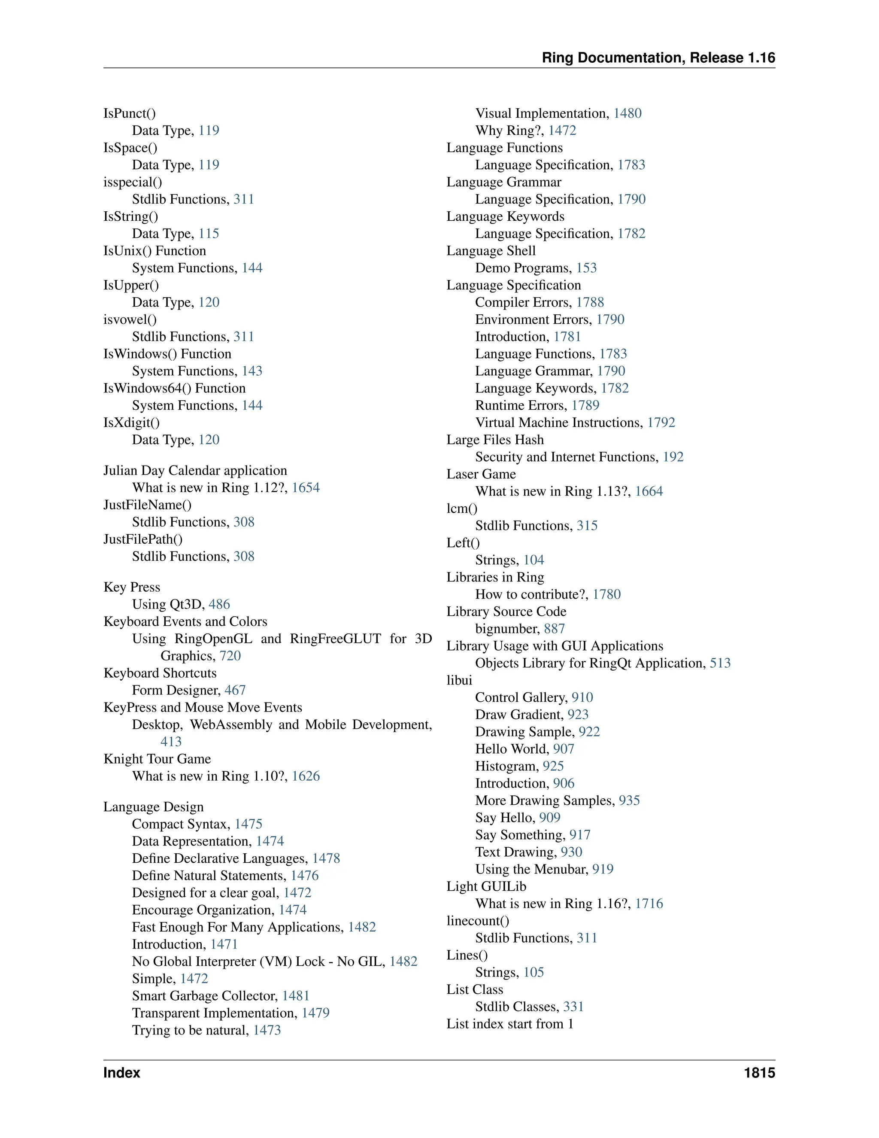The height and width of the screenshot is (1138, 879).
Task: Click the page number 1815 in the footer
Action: click(759, 1073)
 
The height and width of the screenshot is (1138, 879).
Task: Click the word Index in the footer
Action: click(122, 1073)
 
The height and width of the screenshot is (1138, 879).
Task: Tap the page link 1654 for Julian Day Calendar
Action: click(306, 488)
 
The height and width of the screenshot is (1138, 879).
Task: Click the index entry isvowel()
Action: click(130, 319)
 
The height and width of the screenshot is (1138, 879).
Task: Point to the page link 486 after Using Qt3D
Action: click(219, 605)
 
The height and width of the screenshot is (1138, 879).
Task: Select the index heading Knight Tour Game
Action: click(157, 759)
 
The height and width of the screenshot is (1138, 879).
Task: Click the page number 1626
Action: click(306, 776)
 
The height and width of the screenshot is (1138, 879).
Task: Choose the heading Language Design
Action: click(154, 807)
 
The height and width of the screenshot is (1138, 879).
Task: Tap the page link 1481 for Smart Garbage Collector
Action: click(296, 996)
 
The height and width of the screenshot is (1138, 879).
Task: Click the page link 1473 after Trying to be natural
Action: click(267, 1031)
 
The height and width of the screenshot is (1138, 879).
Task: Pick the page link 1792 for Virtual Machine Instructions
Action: click(661, 423)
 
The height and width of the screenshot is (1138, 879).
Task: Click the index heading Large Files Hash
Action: click(495, 440)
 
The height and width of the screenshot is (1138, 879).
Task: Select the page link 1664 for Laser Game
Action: click(649, 491)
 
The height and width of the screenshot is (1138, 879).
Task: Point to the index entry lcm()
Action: click(462, 508)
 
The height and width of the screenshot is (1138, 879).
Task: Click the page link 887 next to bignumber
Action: click(554, 629)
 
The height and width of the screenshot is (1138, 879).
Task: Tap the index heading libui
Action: click(459, 681)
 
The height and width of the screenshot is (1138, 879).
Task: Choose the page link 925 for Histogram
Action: click(553, 767)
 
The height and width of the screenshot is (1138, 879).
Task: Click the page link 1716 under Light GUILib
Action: click(649, 904)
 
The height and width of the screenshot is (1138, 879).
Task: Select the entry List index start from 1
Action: click(510, 1024)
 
